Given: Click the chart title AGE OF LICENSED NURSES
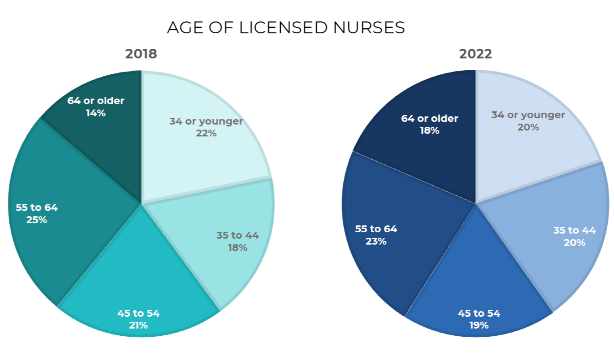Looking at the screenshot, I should [286, 28].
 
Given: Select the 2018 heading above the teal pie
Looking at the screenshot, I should [141, 54].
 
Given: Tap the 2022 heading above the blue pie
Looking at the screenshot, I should [475, 54].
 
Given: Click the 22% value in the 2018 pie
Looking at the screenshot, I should [206, 133].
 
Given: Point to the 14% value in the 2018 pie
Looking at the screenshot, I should [96, 113].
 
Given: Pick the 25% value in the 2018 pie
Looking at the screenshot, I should [37, 219].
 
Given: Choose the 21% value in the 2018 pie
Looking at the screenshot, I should [138, 325].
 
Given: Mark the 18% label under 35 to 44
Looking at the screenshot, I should [237, 248].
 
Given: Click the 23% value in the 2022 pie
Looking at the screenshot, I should [376, 241].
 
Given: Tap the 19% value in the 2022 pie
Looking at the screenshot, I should [479, 325].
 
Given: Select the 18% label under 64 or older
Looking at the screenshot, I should [429, 130].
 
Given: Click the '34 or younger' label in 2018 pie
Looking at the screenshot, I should [206, 121].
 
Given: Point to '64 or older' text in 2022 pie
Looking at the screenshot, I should [429, 119].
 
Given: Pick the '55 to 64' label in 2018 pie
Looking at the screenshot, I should [37, 208].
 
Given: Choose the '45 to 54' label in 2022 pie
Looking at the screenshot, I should [479, 313].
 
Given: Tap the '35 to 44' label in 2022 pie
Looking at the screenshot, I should [574, 230].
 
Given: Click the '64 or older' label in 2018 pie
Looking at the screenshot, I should [96, 101].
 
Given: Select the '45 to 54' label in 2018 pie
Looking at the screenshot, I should [138, 313].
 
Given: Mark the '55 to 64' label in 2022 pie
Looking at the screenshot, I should [376, 229].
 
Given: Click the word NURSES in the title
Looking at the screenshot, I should [369, 28].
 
